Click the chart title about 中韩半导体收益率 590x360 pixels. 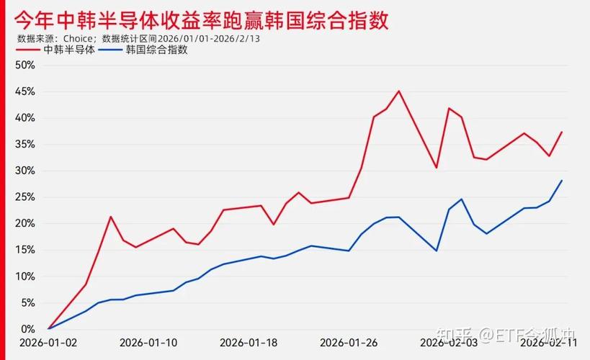click(202, 19)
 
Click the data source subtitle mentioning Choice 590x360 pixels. click(138, 38)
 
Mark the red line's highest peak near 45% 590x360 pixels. click(399, 91)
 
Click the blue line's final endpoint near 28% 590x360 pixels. click(562, 180)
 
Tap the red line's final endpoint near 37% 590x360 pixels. click(562, 132)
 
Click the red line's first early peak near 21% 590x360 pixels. click(110, 217)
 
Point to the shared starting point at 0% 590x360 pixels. click(48, 329)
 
